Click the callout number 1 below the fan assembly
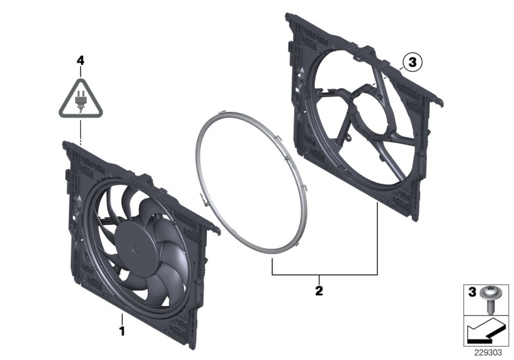point(120,332)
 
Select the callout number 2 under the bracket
point(318,290)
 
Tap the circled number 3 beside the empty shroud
point(412,62)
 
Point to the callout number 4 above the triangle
point(80,60)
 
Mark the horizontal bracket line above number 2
point(324,274)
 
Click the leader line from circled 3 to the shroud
point(392,71)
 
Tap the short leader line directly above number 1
point(120,319)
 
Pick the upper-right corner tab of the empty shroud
point(439,100)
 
